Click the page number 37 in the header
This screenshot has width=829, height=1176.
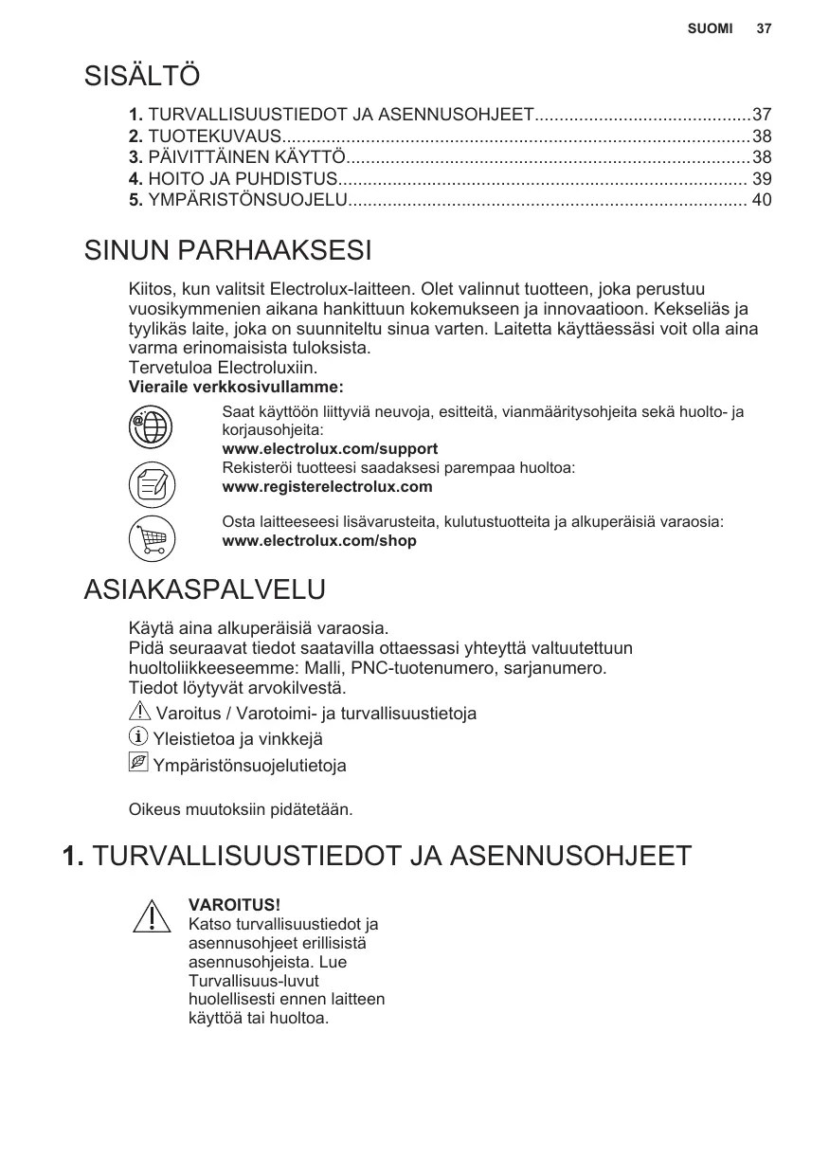(x=764, y=28)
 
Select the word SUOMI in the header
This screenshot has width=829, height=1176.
(x=711, y=28)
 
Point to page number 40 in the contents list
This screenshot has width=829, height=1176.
(x=761, y=200)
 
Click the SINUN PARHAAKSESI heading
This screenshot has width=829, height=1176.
(x=227, y=251)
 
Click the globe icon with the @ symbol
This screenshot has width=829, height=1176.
(x=152, y=427)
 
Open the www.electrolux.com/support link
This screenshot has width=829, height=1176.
(x=330, y=448)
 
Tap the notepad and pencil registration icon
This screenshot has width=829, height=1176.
(x=152, y=485)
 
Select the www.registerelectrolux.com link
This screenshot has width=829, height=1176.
(x=327, y=487)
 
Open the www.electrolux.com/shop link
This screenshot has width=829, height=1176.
(x=318, y=541)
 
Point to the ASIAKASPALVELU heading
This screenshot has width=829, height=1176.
(x=205, y=588)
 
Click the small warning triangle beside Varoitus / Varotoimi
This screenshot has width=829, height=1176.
(x=138, y=712)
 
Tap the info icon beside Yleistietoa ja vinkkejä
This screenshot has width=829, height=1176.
(x=138, y=737)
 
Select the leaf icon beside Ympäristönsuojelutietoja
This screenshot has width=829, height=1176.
(x=138, y=763)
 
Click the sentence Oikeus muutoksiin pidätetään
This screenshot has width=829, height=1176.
(x=241, y=810)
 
